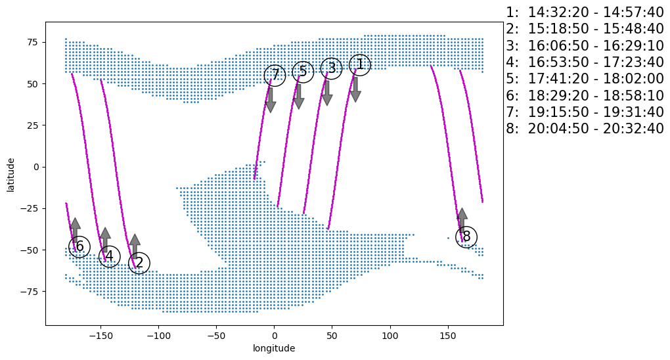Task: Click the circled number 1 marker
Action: coord(359,64)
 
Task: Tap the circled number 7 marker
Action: coord(275,76)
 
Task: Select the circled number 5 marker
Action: coord(303,72)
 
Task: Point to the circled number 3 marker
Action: coord(331,68)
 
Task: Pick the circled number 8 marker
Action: coord(466,236)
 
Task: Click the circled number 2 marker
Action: coord(139,263)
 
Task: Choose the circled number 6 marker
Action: coord(79,246)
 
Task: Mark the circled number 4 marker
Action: coord(109,256)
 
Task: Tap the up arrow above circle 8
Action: coord(462,221)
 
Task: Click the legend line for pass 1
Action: coord(585,12)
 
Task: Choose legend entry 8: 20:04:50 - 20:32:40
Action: coord(585,128)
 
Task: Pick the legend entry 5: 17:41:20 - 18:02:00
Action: coord(585,78)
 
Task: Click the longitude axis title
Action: coord(274,348)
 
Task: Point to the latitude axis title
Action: coord(11,174)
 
